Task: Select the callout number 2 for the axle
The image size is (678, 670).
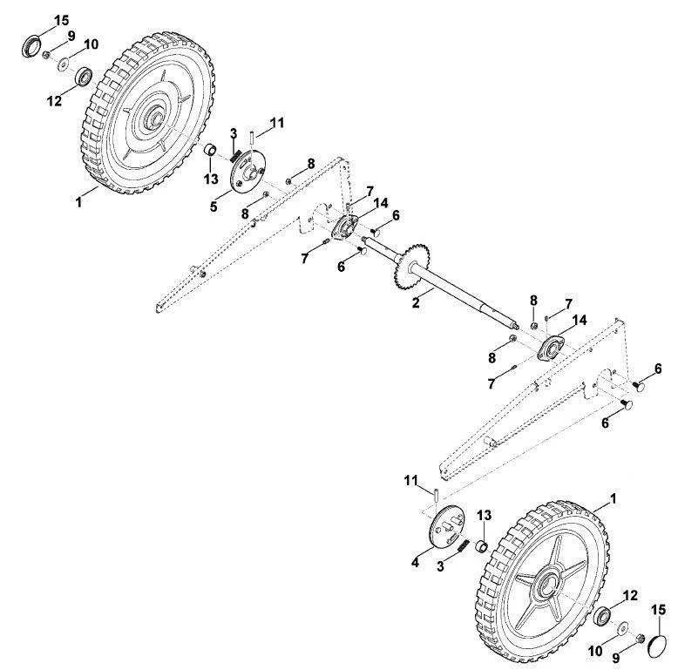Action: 416,302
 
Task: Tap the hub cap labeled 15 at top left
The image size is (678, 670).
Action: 31,47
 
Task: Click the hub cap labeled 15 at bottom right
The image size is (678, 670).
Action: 659,646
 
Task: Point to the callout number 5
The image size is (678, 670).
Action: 214,206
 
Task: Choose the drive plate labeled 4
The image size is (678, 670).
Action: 447,527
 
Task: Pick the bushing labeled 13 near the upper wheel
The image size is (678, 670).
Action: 211,151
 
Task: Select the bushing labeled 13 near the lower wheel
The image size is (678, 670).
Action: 482,546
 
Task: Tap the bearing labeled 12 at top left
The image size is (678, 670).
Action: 84,77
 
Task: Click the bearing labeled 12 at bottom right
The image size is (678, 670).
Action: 602,615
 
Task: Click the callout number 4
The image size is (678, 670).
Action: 415,562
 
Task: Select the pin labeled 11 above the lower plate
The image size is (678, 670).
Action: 437,495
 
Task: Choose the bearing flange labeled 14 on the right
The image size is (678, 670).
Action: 551,349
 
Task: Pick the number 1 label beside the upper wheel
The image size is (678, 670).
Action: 78,202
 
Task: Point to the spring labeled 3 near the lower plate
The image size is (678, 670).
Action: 463,545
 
